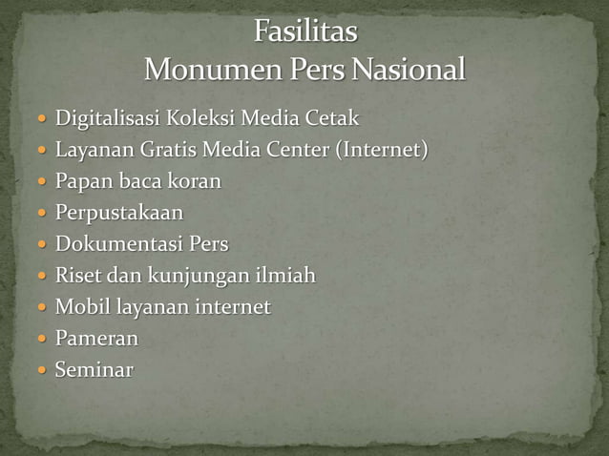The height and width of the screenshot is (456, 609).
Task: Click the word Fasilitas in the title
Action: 305,33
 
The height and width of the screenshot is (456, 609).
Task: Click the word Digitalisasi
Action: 108,119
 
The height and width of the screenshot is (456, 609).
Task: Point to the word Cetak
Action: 332,119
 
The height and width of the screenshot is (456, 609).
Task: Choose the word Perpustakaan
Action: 119,213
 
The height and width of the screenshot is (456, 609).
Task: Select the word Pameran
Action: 96,338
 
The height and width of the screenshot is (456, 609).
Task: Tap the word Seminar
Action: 94,369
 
